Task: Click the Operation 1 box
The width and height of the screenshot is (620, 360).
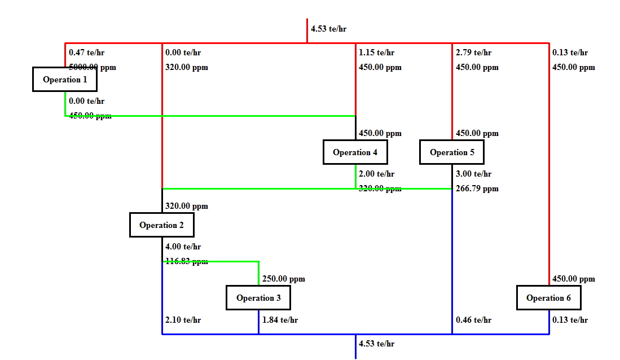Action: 65,80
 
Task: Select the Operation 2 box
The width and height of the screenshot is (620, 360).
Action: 161,225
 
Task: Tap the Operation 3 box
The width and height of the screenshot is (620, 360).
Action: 258,298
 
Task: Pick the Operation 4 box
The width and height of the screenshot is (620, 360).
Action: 355,152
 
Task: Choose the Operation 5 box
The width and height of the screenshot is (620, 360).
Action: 452,152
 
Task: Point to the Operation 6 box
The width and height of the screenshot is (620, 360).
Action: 548,298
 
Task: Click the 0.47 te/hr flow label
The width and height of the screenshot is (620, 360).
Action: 86,53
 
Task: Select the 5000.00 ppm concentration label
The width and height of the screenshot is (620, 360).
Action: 93,67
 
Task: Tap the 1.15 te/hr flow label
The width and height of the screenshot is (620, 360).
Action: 376,53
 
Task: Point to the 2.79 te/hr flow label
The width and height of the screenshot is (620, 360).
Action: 473,53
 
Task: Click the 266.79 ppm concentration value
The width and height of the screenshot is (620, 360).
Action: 477,189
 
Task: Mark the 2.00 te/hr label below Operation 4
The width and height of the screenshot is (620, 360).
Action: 376,174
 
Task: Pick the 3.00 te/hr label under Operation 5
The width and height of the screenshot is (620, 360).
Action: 473,174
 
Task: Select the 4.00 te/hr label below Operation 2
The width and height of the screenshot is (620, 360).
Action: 183,247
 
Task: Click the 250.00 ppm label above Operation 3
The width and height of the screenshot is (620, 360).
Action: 283,279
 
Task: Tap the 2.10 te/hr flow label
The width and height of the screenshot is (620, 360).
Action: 183,321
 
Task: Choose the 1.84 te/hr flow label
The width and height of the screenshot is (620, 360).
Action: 280,321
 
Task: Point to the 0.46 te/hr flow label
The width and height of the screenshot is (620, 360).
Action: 473,321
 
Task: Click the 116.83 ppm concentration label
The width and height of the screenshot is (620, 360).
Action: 186,261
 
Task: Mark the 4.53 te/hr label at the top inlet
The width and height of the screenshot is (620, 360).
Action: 328,29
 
